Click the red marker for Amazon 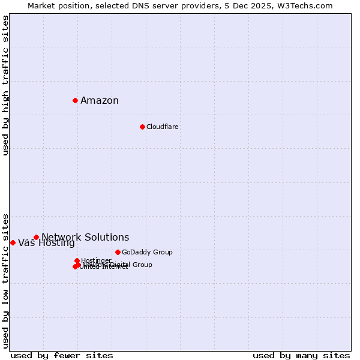[x=75, y=100]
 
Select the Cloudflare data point [x=142, y=127]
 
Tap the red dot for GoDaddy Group [x=118, y=252]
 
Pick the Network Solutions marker [x=36, y=237]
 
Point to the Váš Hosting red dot [x=13, y=242]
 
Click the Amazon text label [x=100, y=101]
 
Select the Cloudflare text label [x=163, y=127]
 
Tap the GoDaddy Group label [x=147, y=252]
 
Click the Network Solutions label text [x=85, y=238]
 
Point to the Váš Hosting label [x=46, y=243]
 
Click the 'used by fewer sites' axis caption [x=62, y=355]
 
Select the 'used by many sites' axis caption [x=301, y=355]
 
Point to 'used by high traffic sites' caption [x=5, y=85]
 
